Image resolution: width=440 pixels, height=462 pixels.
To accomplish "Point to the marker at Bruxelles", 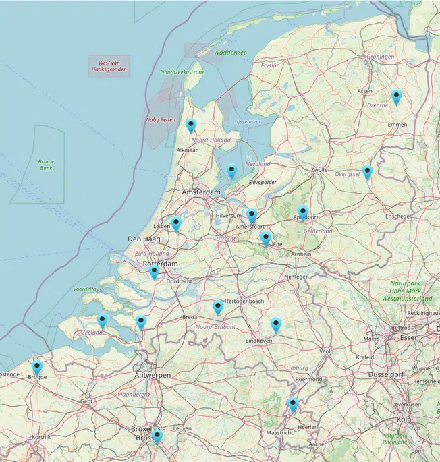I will [x=157, y=436].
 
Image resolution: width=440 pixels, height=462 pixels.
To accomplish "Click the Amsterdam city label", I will [x=201, y=192].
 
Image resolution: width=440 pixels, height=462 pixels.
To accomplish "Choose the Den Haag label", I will [x=142, y=239].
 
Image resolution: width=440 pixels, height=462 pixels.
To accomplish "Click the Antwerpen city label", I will [x=151, y=374].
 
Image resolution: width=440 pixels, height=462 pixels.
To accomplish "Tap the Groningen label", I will [x=381, y=57].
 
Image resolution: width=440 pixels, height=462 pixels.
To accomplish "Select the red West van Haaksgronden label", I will [x=109, y=66].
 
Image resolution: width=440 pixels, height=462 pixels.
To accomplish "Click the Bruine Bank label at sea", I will [x=46, y=165].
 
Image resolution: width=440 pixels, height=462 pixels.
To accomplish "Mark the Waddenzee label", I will [x=230, y=52].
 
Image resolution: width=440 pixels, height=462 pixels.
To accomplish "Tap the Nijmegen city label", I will [x=296, y=277].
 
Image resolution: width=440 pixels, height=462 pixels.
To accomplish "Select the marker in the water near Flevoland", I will [x=231, y=171].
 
